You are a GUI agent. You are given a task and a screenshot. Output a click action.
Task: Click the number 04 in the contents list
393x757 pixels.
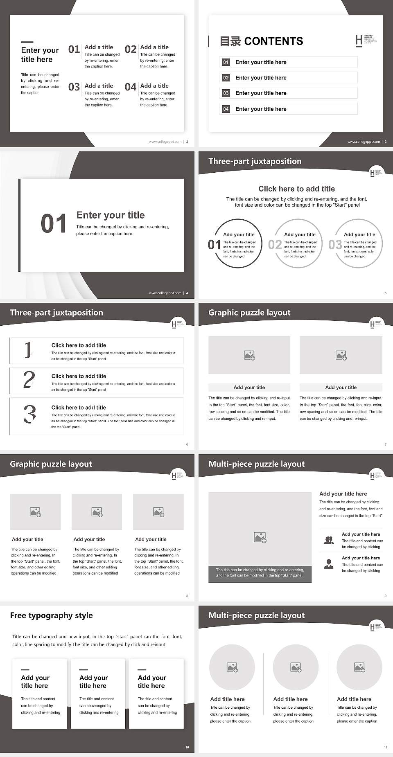[226, 109]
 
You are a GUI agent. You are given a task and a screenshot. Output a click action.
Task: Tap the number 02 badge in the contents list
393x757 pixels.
[226, 78]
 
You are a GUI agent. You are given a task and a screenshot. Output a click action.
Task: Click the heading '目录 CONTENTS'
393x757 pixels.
[262, 41]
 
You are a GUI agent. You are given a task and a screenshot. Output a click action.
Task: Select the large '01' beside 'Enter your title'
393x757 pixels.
[53, 224]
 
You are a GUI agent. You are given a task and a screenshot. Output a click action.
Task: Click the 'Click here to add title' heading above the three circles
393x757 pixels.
[296, 189]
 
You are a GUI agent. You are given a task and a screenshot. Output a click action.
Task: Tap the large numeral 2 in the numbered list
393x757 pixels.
[29, 380]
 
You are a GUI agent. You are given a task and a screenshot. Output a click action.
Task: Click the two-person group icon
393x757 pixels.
[328, 540]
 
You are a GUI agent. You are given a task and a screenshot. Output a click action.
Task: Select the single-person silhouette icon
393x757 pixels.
[328, 564]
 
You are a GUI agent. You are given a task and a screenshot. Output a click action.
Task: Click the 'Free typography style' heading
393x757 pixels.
[51, 615]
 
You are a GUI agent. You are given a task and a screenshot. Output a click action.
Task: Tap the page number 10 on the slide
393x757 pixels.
[187, 747]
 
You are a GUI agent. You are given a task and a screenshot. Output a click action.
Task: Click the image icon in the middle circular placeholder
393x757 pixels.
[296, 667]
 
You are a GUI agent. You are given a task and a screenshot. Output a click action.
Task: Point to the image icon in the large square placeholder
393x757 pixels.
[260, 537]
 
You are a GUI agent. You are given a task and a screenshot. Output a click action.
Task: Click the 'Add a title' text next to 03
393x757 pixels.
[99, 86]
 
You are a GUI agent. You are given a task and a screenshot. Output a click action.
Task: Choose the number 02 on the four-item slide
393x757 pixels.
[131, 50]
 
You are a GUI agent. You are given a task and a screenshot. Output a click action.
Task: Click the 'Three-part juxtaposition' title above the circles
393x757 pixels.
[255, 161]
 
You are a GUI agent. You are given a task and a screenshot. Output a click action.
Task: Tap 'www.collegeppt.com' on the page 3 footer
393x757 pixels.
[364, 142]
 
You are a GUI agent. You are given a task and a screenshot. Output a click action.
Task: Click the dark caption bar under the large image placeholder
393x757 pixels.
[260, 572]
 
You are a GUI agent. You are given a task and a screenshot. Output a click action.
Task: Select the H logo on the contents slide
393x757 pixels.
[359, 40]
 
